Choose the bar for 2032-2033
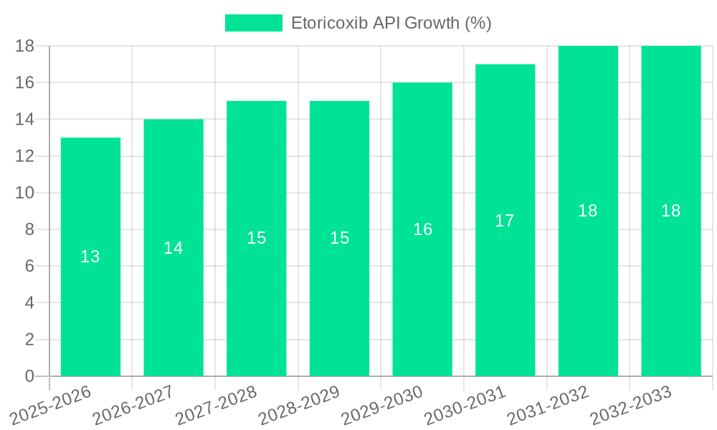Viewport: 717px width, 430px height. (671, 287)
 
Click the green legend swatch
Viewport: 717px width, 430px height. (254, 23)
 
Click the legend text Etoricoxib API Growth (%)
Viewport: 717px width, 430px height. (391, 23)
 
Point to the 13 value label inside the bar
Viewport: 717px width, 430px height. (90, 257)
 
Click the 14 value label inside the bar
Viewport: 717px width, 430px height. (174, 248)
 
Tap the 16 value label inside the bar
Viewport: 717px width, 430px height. (422, 229)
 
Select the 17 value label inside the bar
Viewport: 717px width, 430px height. (505, 221)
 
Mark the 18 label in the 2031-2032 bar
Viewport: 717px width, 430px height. (588, 211)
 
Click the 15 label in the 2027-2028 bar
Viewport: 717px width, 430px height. (257, 238)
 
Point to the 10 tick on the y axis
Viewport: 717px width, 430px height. (25, 193)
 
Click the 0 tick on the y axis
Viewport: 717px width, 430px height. (29, 376)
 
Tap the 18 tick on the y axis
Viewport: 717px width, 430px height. (25, 46)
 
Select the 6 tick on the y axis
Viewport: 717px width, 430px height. (29, 266)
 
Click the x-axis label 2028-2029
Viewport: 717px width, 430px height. (300, 406)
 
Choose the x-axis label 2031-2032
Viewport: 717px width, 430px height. (549, 406)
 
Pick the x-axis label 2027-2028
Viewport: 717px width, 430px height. (217, 406)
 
